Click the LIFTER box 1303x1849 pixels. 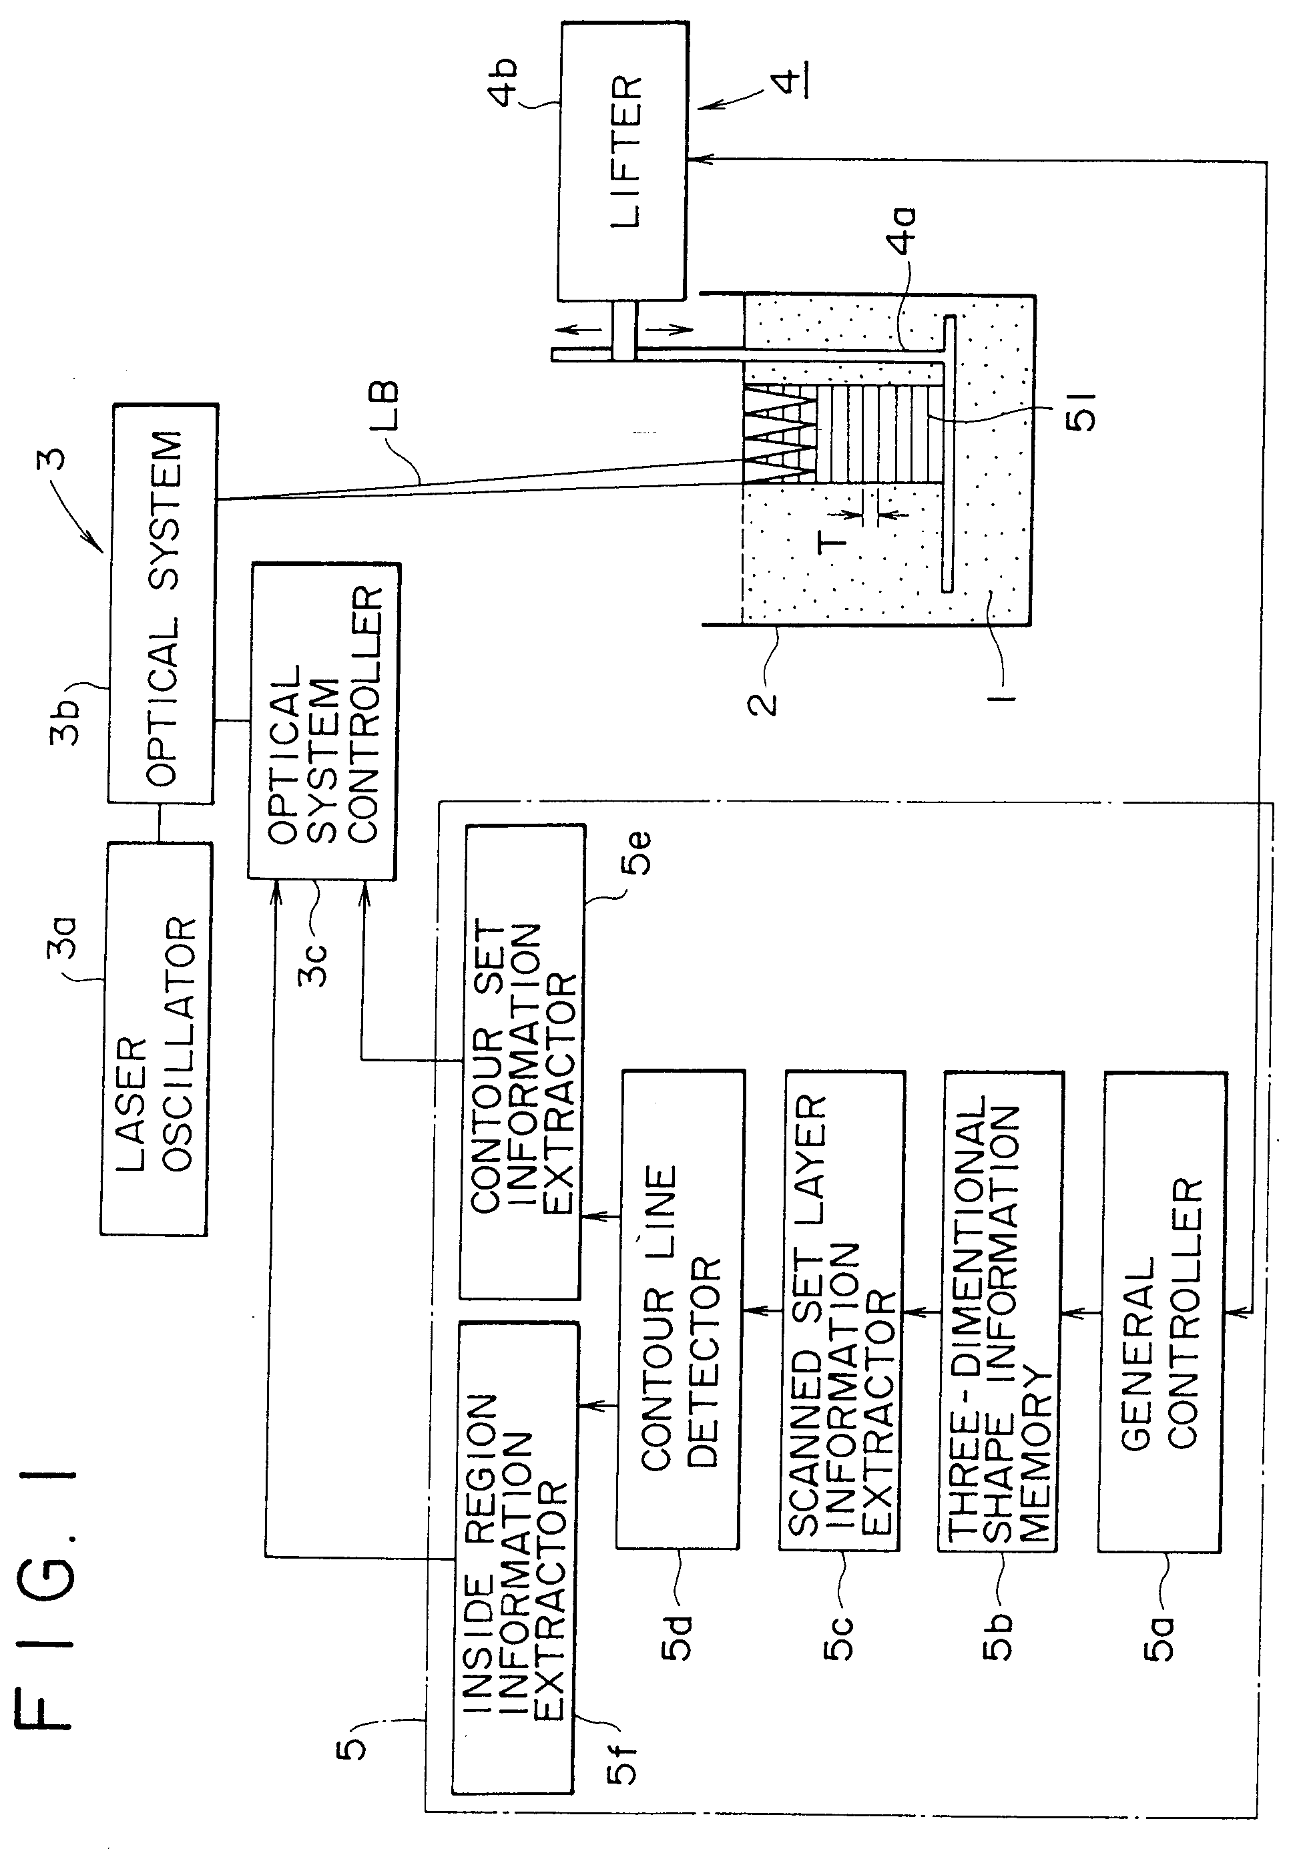(x=623, y=161)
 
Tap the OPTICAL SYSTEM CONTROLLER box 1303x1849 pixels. (x=322, y=721)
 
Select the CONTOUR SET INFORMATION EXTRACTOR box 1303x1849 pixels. (x=522, y=1063)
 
